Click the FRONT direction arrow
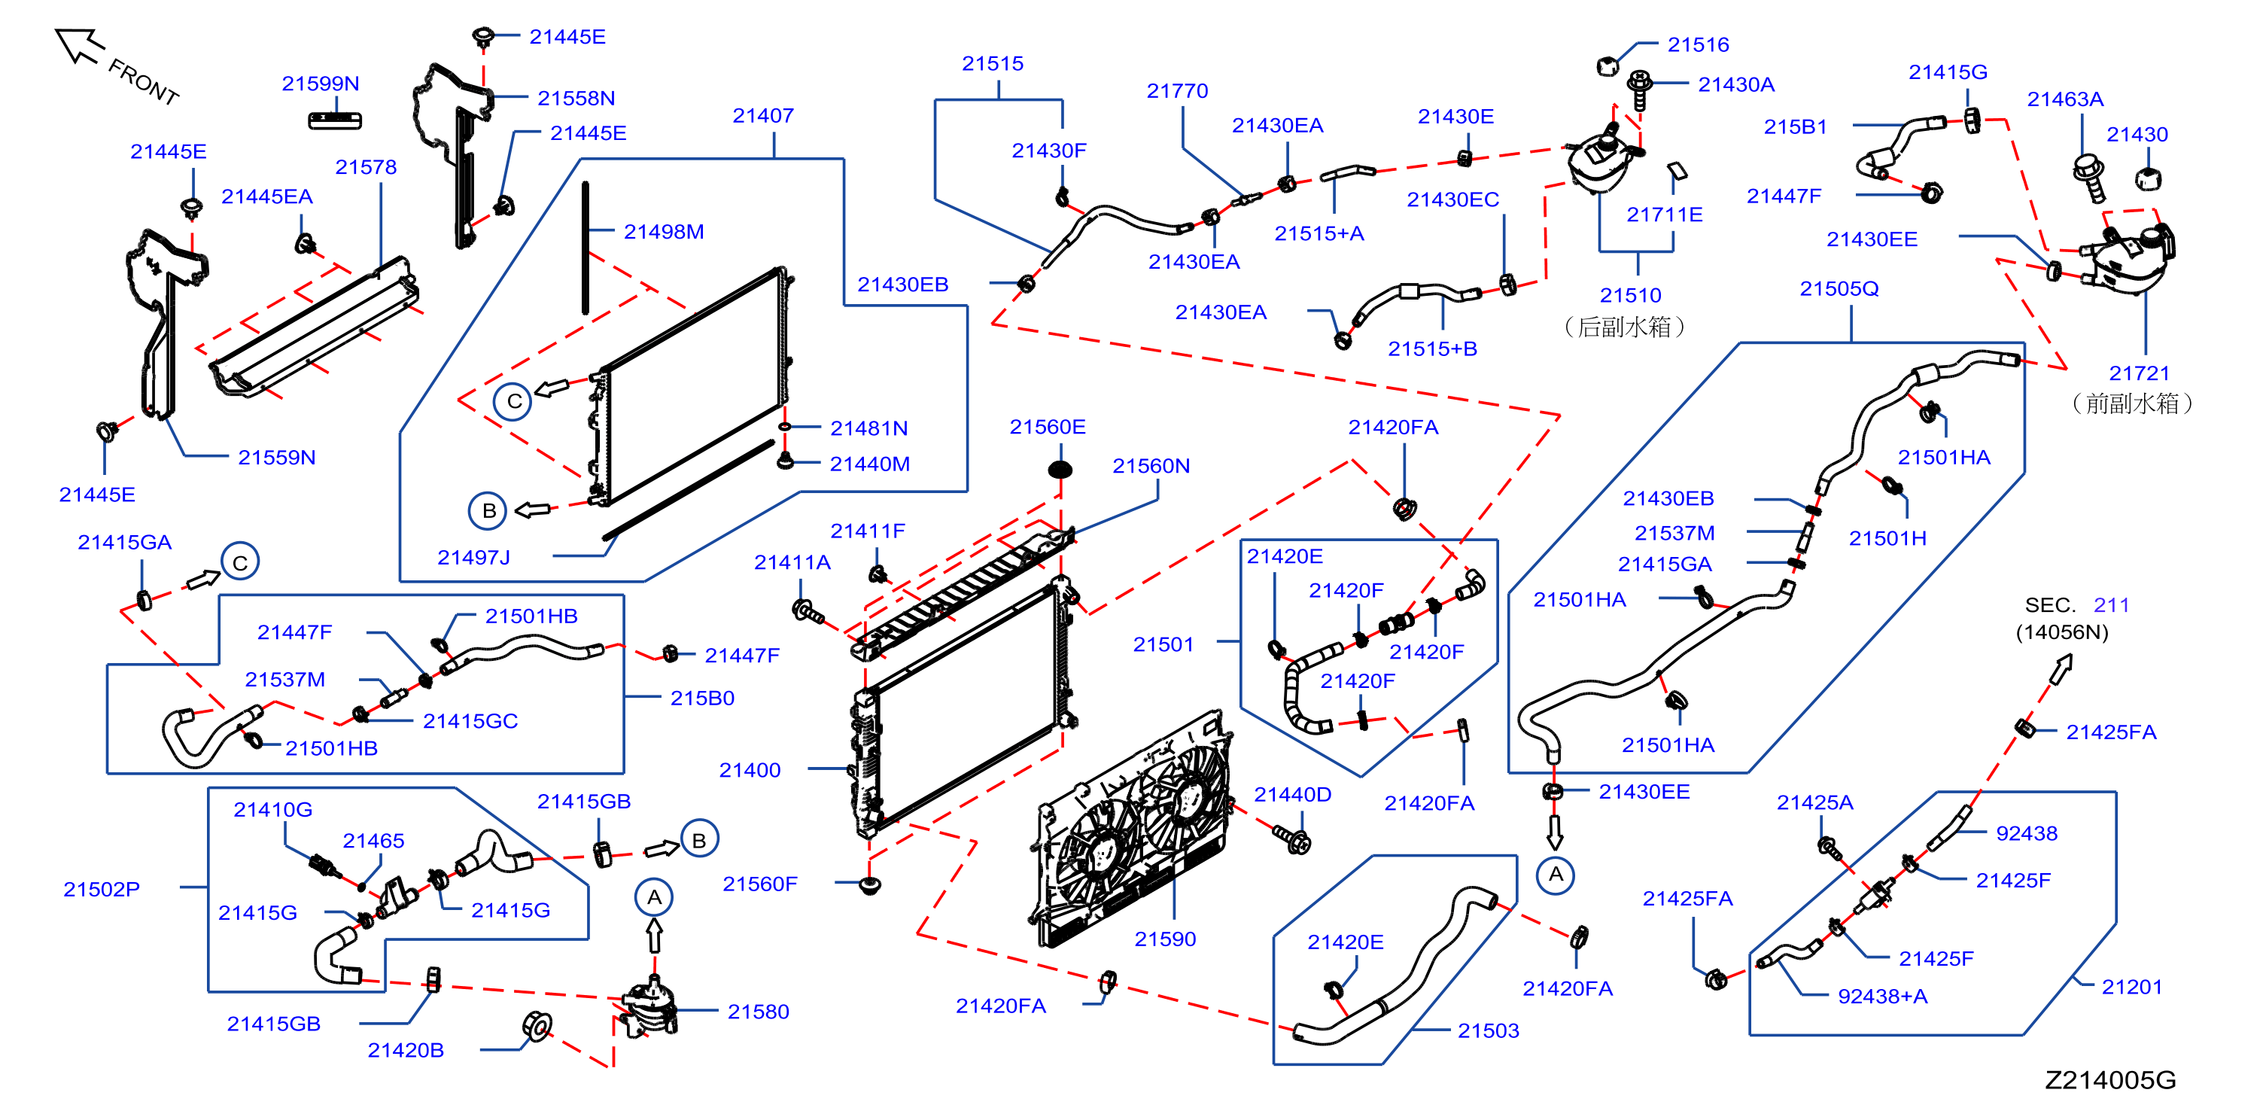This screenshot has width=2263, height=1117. pyautogui.click(x=79, y=46)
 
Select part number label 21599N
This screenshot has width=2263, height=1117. pyautogui.click(x=320, y=84)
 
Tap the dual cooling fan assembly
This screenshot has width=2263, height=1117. pyautogui.click(x=1133, y=830)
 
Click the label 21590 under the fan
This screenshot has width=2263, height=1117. pyautogui.click(x=1165, y=939)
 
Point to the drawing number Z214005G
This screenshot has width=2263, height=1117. pyautogui.click(x=2110, y=1080)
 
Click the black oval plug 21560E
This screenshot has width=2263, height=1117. pyautogui.click(x=1060, y=469)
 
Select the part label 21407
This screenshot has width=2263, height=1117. pyautogui.click(x=762, y=115)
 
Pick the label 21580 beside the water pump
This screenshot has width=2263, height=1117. pyautogui.click(x=758, y=1012)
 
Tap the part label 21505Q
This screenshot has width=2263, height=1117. pyautogui.click(x=1839, y=288)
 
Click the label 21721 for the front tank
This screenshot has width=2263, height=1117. pyautogui.click(x=2139, y=373)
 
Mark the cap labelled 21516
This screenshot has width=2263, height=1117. pyautogui.click(x=1607, y=66)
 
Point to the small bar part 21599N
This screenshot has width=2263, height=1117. pyautogui.click(x=335, y=120)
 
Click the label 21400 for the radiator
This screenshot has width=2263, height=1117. pyautogui.click(x=750, y=770)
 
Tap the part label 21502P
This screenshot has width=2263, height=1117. pyautogui.click(x=101, y=890)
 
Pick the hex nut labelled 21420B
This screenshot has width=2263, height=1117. pyautogui.click(x=536, y=1024)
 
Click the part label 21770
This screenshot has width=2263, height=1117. pyautogui.click(x=1176, y=90)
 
